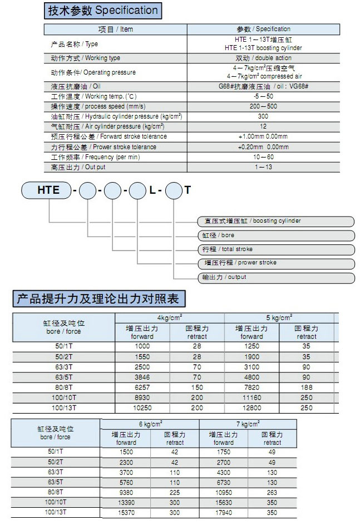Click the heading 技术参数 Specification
103,11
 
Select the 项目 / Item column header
115,29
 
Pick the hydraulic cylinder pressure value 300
263,116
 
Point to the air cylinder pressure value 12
263,126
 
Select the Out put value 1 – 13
263,167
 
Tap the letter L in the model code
152,190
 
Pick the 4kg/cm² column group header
170,317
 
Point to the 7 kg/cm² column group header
248,424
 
